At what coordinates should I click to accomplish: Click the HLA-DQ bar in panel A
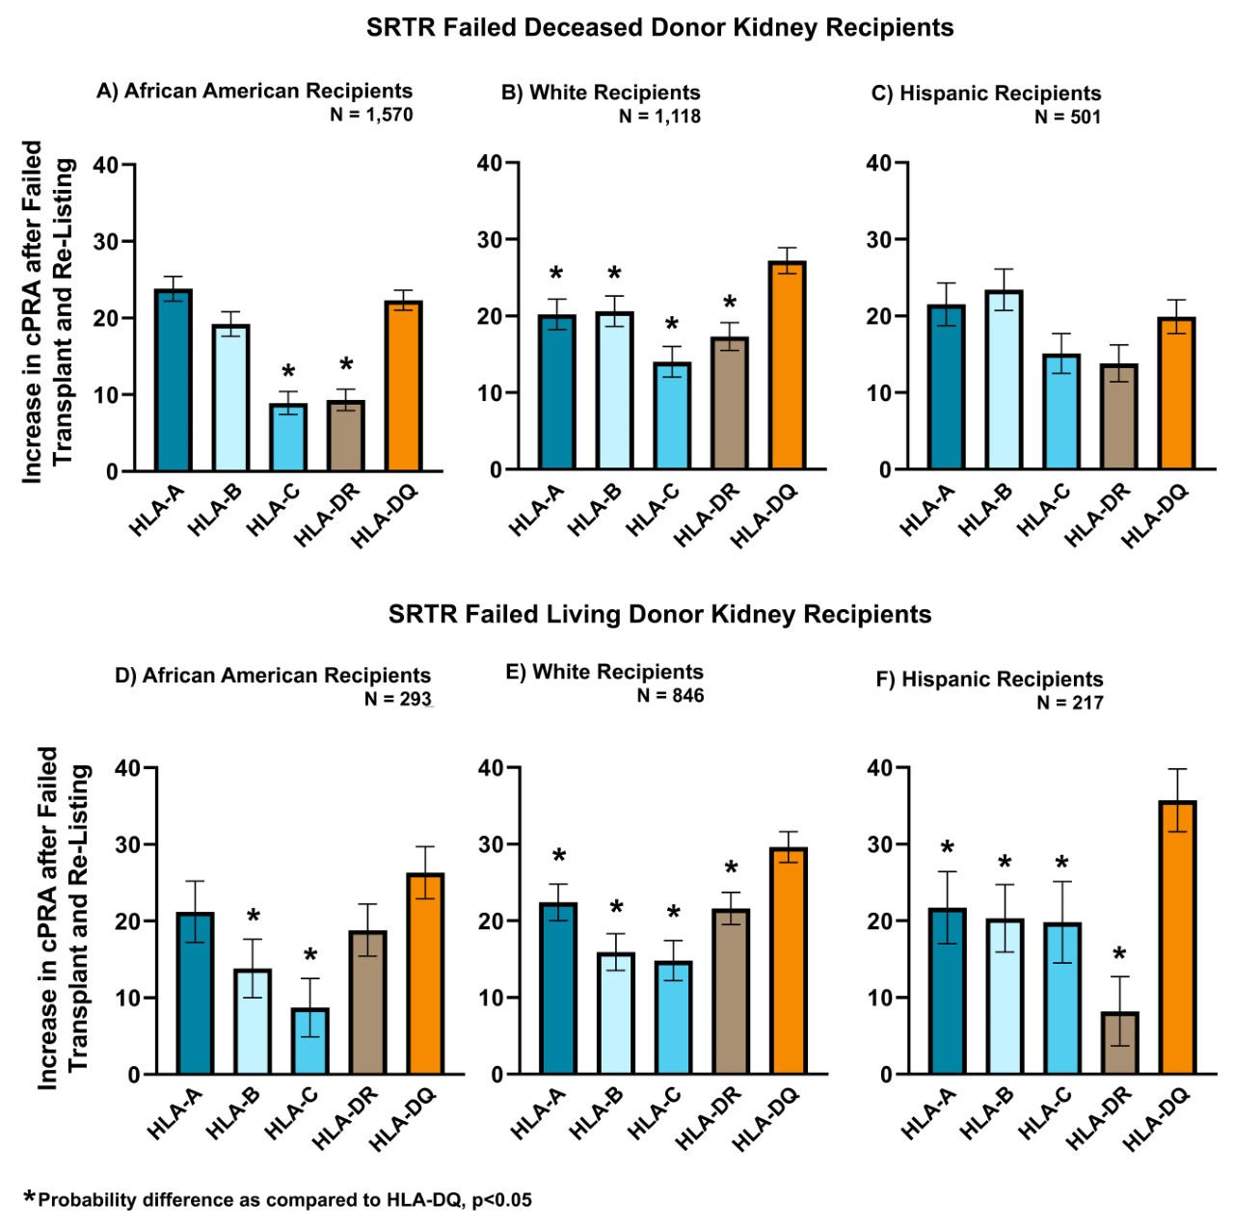[x=403, y=386]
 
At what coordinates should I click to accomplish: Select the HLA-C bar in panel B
[x=672, y=416]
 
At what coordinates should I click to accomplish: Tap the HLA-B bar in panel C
[x=1004, y=381]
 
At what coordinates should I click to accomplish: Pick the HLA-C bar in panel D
[x=310, y=1041]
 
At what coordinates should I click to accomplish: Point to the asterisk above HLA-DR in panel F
[x=1119, y=955]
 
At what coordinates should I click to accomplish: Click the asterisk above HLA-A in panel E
[x=558, y=856]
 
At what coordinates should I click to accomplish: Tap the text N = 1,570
[x=371, y=115]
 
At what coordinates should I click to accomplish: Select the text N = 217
[x=1070, y=703]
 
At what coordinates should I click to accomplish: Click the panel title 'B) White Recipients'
[x=601, y=93]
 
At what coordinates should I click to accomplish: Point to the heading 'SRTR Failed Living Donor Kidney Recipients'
[x=659, y=615]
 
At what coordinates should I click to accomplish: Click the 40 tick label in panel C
[x=878, y=163]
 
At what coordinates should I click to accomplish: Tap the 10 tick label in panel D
[x=127, y=999]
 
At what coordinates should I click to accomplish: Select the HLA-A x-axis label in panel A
[x=156, y=512]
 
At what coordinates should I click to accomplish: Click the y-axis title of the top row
[x=47, y=311]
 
